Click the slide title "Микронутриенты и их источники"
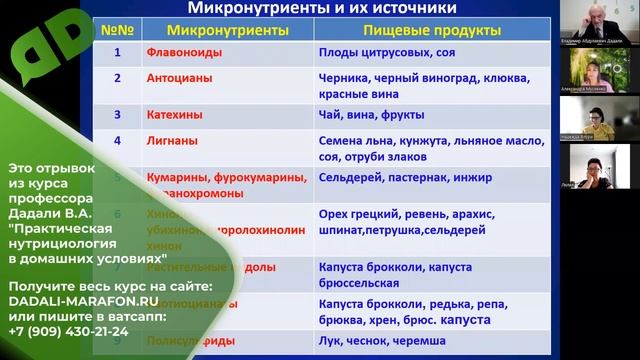click(x=322, y=11)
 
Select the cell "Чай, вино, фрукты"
click(x=371, y=115)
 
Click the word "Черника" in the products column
click(x=342, y=77)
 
